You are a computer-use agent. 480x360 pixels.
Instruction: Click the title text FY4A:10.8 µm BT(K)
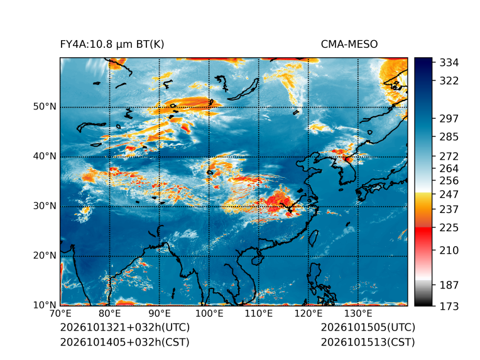coord(112,45)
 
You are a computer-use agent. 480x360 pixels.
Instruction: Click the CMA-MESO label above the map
coord(349,45)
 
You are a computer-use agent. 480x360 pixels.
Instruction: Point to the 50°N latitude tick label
coord(45,107)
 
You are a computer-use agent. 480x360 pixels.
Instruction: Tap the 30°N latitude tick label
coord(45,205)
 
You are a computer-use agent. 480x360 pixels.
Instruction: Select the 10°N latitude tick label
coord(45,305)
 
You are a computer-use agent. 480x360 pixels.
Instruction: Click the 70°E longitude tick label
coord(60,314)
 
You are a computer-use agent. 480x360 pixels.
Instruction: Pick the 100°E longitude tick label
coord(209,314)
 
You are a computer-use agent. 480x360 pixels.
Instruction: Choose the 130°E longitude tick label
coord(358,314)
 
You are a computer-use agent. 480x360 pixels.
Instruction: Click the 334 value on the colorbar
coord(449,63)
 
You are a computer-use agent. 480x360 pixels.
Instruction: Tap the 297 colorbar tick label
coord(449,119)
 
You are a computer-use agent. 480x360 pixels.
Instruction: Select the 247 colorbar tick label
coord(449,194)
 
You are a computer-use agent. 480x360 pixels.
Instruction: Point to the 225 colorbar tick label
coord(449,228)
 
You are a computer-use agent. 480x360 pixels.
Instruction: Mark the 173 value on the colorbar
coord(449,306)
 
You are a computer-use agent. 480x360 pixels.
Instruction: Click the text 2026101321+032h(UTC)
coord(125,327)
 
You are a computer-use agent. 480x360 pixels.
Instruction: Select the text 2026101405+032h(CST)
coord(125,342)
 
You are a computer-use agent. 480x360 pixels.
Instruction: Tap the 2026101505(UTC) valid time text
coord(368,327)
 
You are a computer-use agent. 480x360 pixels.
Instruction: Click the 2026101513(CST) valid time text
coord(368,342)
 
